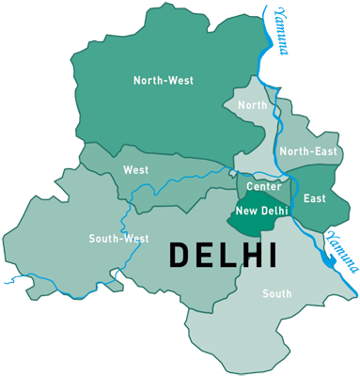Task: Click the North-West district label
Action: tap(163, 81)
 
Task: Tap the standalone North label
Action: tap(253, 105)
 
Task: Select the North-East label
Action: tap(307, 151)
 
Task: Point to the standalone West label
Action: tap(135, 171)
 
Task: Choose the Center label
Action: tap(264, 187)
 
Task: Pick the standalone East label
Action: tap(314, 198)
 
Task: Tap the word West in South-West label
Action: tap(135, 239)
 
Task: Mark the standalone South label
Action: tap(276, 294)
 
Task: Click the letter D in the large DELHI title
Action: tap(179, 254)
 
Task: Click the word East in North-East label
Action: tap(322, 151)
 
